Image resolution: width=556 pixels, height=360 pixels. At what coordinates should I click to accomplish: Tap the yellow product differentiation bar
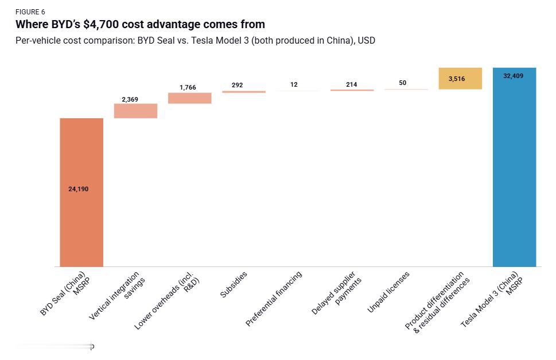tap(460, 79)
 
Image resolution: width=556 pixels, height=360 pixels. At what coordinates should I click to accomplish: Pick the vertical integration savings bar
tap(135, 111)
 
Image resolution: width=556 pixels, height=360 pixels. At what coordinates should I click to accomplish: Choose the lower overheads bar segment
tap(189, 98)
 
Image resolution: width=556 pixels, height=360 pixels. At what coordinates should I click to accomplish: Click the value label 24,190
tap(79, 189)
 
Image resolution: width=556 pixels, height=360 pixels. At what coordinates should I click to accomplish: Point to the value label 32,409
tap(513, 76)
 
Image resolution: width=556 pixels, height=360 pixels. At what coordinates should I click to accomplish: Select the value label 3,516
tap(457, 79)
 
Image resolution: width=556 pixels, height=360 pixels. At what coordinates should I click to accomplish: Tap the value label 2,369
tap(130, 99)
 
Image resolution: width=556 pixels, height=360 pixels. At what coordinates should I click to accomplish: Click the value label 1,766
tap(188, 87)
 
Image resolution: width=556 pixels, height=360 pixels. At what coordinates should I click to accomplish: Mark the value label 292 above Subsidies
tap(237, 85)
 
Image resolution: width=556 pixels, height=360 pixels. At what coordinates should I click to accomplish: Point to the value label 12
tap(294, 84)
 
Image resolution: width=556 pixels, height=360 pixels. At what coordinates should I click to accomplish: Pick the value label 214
tap(351, 84)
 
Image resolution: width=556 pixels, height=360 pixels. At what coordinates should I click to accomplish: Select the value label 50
tap(403, 83)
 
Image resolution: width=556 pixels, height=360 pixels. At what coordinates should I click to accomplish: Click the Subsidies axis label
tap(234, 284)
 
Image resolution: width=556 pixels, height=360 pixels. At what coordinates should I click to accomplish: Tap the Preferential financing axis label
tap(274, 299)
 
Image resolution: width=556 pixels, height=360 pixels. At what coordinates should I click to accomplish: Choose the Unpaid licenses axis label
tap(389, 293)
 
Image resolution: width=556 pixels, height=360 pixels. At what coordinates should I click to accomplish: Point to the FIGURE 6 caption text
tap(30, 12)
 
